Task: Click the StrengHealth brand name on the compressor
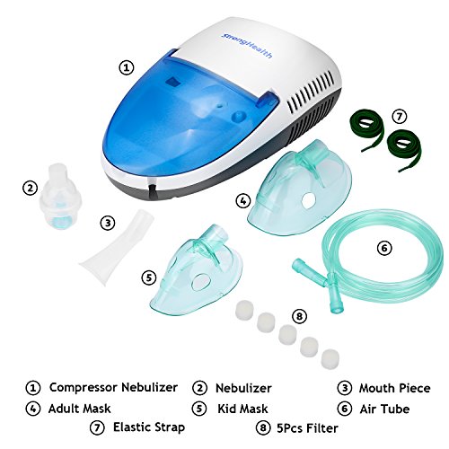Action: (x=247, y=46)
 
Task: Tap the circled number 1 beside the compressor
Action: (x=127, y=67)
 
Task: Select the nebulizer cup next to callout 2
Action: (x=60, y=197)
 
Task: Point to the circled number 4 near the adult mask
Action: (x=243, y=201)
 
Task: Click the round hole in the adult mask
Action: (x=308, y=200)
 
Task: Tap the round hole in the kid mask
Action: (x=201, y=282)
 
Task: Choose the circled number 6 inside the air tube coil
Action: (x=384, y=248)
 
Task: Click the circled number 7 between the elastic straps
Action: (x=400, y=117)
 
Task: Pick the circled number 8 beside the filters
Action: (x=299, y=316)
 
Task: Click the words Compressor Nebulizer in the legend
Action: (x=113, y=387)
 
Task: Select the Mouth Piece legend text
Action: (x=395, y=388)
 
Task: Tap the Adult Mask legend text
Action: (x=79, y=409)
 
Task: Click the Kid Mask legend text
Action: (x=242, y=409)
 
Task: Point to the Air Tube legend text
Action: (x=384, y=409)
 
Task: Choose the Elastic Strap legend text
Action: (x=149, y=427)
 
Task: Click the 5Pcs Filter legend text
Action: (x=307, y=428)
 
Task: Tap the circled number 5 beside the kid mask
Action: (x=149, y=277)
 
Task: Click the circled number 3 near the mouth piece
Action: (x=108, y=223)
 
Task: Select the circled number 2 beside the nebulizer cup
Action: (x=30, y=189)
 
